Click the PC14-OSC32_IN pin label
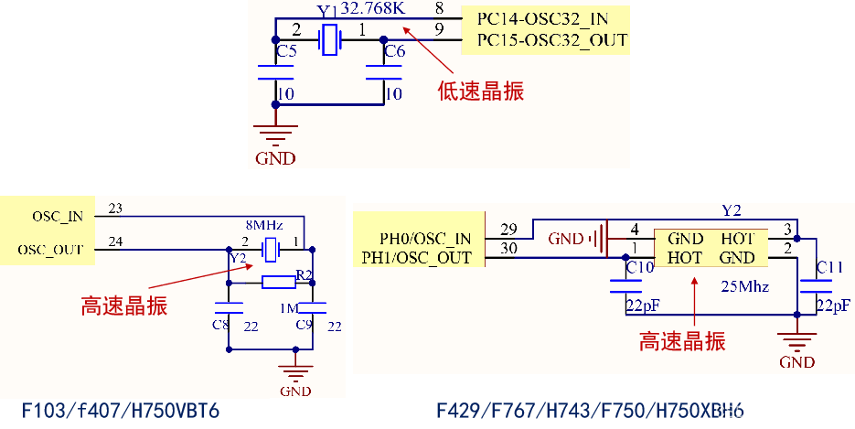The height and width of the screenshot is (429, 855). [542, 18]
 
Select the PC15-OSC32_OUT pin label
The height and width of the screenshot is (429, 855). [552, 40]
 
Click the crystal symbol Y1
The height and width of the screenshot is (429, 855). [327, 40]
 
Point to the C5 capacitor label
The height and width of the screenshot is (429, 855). [286, 52]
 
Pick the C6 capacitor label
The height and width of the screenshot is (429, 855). [394, 52]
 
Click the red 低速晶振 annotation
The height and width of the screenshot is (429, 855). [480, 91]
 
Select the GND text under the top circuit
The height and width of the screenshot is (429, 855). [275, 158]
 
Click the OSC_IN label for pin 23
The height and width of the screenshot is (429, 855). [57, 217]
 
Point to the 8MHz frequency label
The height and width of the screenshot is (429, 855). [263, 225]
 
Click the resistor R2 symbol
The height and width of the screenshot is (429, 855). [278, 282]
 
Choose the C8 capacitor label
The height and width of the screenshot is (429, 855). [220, 325]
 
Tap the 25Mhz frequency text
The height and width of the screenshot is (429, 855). [744, 286]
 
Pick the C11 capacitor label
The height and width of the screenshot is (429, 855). [829, 267]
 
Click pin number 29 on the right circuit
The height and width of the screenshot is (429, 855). [509, 228]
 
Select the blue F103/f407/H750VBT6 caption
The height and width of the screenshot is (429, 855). [120, 411]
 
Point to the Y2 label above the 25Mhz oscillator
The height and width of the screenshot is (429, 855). [731, 210]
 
